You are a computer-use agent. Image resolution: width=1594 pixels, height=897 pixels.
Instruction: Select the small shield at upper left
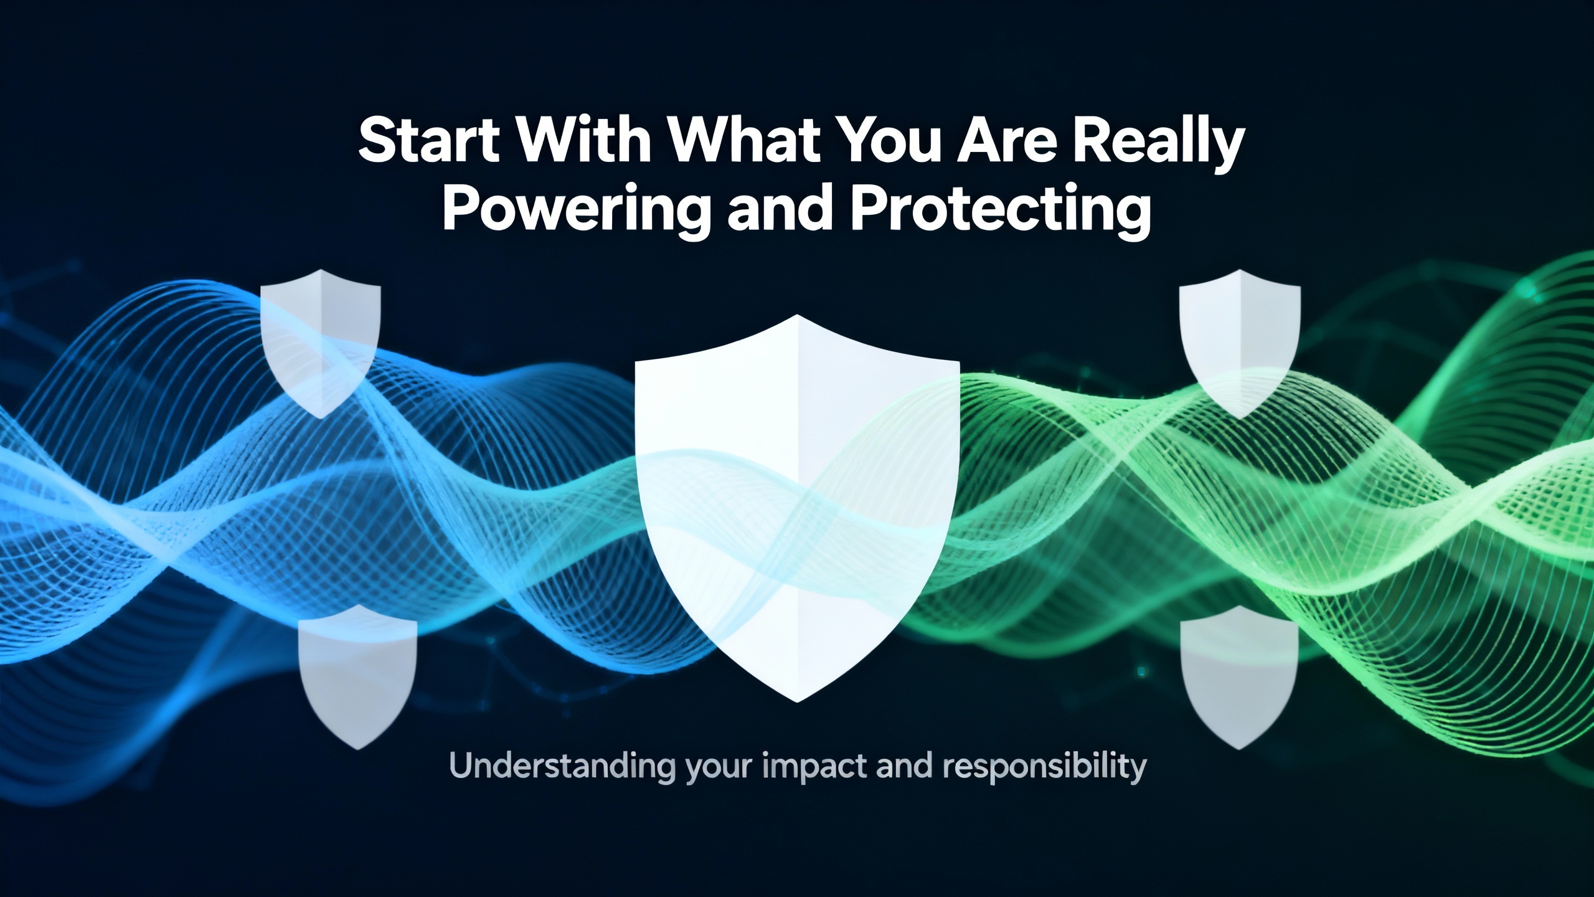[x=320, y=343]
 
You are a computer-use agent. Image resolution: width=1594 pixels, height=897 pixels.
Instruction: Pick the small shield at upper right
[x=1240, y=343]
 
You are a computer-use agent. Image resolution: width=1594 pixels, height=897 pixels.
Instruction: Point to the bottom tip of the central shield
[x=797, y=702]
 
